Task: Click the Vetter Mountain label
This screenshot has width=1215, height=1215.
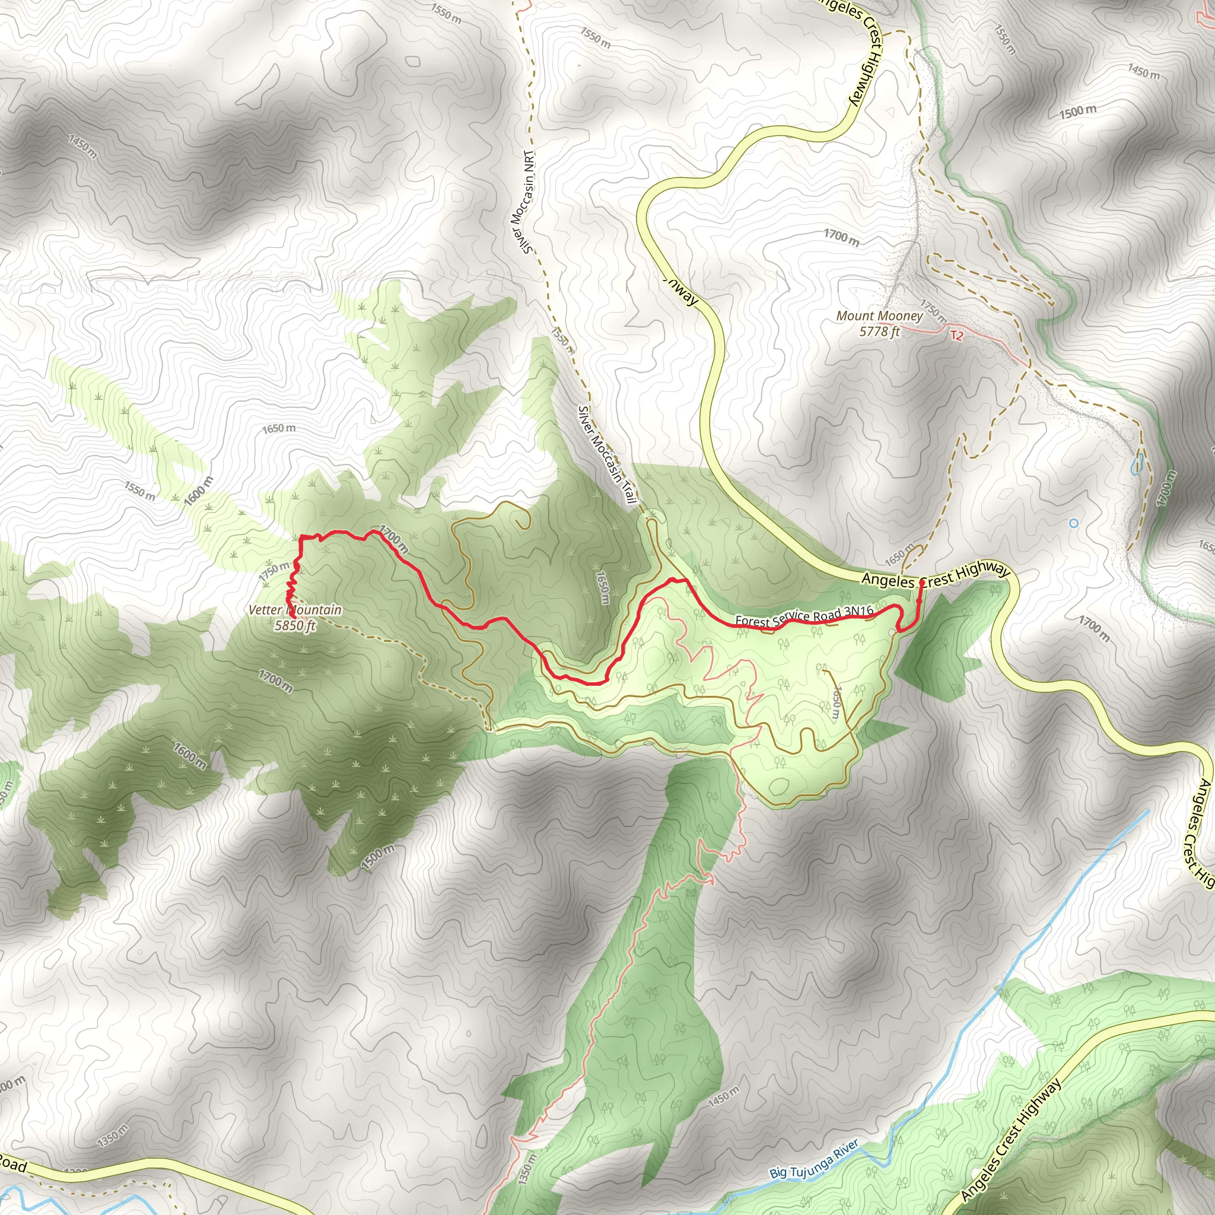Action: (295, 609)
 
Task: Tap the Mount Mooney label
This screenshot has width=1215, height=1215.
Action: (879, 316)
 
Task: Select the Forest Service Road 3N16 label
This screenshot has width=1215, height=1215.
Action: (804, 616)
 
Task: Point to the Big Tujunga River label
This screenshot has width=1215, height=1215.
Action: (814, 1159)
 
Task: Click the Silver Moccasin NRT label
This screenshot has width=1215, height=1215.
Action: (523, 202)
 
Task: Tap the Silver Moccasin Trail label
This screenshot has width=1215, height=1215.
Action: (607, 454)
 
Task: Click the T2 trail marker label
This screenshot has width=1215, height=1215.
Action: (956, 336)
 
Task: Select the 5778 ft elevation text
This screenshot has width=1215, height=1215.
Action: (879, 332)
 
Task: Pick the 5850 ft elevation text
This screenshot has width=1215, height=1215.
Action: (295, 625)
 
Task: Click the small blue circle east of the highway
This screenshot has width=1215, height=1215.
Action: (1073, 523)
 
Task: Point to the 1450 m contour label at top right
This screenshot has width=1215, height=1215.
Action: (1143, 72)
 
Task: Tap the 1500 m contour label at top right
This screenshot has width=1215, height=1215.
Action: (1077, 112)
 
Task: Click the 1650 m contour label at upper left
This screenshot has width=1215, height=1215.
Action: (279, 428)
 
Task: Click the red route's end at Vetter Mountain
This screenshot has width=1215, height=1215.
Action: (287, 607)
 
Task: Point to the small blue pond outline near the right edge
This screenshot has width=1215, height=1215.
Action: (1137, 465)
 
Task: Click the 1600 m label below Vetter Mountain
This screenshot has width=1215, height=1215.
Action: (189, 756)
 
